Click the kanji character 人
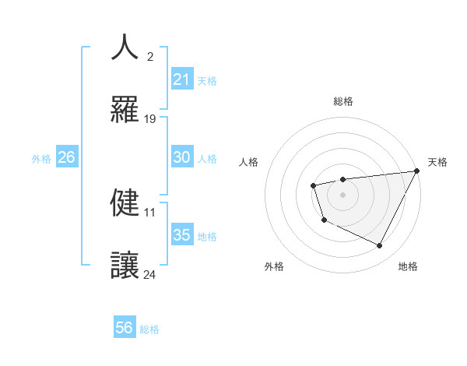coord(125,48)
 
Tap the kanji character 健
coord(125,202)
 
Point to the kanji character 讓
coord(125,265)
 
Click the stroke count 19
coord(150,119)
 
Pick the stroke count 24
coord(150,274)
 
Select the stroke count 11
coord(150,212)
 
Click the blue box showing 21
coord(182,79)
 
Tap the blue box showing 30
coord(182,157)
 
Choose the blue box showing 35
coord(182,235)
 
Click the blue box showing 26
coord(66,157)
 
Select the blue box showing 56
coord(125,328)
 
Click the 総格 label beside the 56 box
coord(149,329)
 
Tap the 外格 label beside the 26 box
coord(41,159)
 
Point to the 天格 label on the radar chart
coord(437,162)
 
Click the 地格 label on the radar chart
coord(408,266)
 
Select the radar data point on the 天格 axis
coord(416,171)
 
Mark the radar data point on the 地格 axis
coord(380,246)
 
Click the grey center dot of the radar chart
coord(342,194)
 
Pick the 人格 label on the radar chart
coord(248,162)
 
